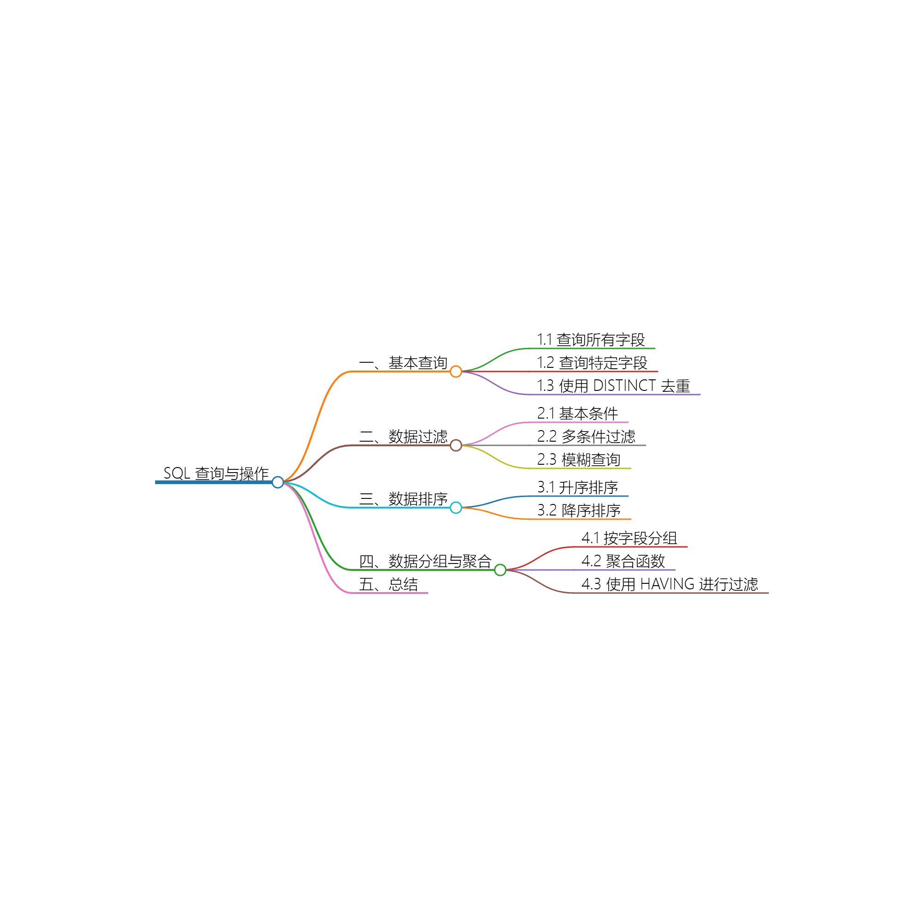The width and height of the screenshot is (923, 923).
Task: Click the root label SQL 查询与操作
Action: point(216,473)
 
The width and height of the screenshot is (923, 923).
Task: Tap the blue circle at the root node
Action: point(277,482)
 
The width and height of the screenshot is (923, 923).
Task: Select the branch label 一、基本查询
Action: point(403,363)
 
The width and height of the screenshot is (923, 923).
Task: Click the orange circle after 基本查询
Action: point(456,371)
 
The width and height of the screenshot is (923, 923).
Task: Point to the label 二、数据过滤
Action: point(403,437)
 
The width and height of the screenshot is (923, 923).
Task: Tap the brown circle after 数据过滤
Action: point(456,445)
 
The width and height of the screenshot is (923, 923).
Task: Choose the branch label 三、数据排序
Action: point(403,499)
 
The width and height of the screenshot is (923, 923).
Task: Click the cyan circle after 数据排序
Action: point(456,507)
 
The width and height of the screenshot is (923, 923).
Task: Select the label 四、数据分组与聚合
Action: point(425,561)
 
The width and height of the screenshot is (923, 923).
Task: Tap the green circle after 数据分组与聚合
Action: point(500,569)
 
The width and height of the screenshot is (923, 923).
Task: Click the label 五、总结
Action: point(389,584)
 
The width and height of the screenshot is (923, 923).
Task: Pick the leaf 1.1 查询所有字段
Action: point(591,340)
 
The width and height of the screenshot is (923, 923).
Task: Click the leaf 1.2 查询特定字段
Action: point(593,363)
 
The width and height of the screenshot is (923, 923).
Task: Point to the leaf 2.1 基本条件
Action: point(578,413)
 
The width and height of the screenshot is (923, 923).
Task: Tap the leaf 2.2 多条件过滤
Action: point(586,436)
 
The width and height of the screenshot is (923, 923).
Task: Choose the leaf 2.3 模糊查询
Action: point(579,460)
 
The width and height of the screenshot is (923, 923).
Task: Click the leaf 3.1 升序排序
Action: point(578,487)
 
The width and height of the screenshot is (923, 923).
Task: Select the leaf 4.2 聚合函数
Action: point(623,561)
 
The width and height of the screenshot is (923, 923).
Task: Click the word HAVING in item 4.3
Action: point(667,584)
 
